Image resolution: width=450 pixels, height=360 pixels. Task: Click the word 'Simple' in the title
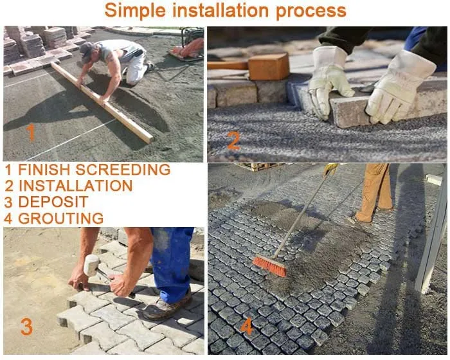[x=133, y=11]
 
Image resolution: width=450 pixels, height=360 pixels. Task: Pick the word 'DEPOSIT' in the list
[x=53, y=202]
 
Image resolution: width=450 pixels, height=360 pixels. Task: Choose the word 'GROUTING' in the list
[x=60, y=218]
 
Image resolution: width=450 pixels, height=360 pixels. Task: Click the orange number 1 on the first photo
[x=31, y=132]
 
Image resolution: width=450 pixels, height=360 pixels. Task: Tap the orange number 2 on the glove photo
[x=233, y=139]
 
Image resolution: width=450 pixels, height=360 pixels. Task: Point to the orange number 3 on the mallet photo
[x=26, y=327]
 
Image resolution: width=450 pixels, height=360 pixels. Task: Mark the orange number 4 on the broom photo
[x=247, y=327]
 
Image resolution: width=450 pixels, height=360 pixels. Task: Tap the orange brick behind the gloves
[x=268, y=66]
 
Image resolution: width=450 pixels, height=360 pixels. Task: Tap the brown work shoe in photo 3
[x=165, y=307]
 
